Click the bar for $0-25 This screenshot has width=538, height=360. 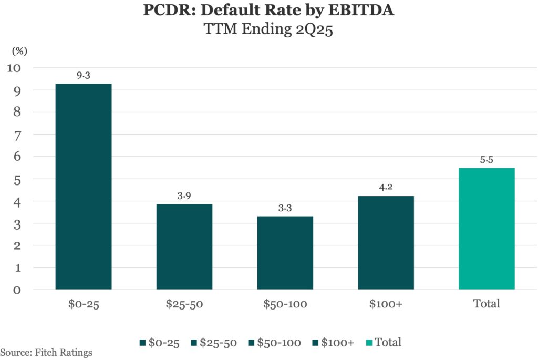pyautogui.click(x=84, y=187)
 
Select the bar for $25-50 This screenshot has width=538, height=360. pyautogui.click(x=184, y=246)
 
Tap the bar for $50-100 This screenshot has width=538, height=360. pyautogui.click(x=285, y=253)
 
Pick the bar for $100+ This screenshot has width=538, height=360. pyautogui.click(x=386, y=243)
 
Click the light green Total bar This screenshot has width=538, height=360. pyautogui.click(x=487, y=229)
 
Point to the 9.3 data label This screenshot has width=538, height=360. pyautogui.click(x=84, y=76)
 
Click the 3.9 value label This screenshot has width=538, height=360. pyautogui.click(x=184, y=196)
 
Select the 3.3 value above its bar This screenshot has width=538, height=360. pyautogui.click(x=285, y=208)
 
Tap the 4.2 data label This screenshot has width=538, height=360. pyautogui.click(x=386, y=188)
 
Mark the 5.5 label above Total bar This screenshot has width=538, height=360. pyautogui.click(x=487, y=160)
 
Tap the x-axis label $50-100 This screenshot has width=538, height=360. pyautogui.click(x=285, y=304)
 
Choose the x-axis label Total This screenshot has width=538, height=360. pyautogui.click(x=487, y=304)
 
